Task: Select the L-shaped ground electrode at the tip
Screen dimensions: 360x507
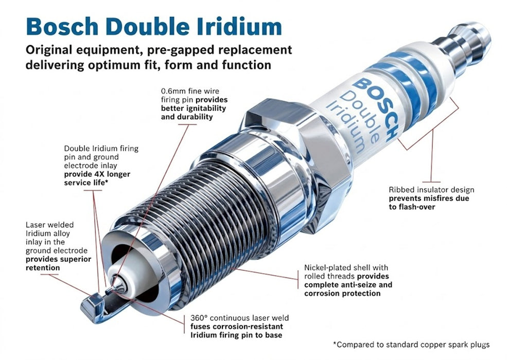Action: click(95, 305)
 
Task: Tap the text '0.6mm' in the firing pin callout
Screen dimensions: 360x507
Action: click(172, 91)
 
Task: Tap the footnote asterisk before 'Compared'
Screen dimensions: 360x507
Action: click(336, 345)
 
